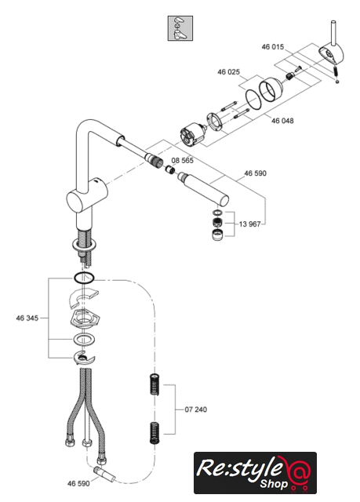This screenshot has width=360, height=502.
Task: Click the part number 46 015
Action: [273, 47]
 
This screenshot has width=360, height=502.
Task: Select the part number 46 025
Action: [228, 71]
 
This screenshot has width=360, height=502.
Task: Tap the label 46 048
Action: [282, 121]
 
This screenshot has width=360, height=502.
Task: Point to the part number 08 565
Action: [183, 160]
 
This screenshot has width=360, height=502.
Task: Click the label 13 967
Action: [249, 224]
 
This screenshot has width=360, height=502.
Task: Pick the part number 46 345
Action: [27, 318]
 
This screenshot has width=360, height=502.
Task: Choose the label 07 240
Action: [196, 409]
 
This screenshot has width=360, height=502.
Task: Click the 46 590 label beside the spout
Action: [256, 173]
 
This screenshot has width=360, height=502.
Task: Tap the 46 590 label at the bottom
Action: [78, 483]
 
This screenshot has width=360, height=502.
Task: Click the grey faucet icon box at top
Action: [180, 28]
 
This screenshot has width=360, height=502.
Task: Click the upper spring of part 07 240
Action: [155, 384]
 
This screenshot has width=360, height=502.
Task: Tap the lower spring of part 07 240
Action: [155, 433]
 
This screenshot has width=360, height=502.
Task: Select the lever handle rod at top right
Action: [333, 34]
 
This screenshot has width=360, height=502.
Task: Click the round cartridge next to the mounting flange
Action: [192, 136]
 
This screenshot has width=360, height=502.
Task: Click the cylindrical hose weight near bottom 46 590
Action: [104, 474]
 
